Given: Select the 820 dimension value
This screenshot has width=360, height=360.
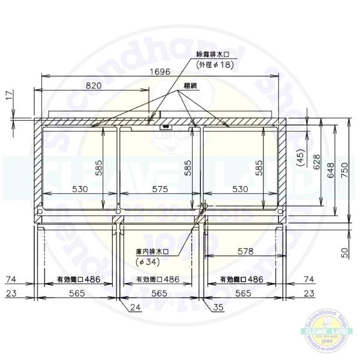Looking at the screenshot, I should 94,86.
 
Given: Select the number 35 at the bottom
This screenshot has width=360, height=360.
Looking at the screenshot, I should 217,307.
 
